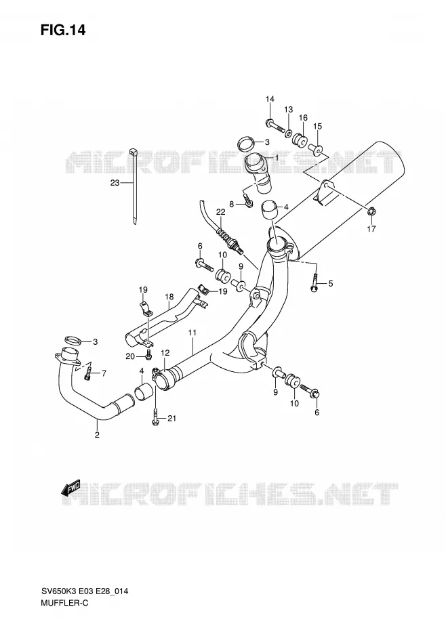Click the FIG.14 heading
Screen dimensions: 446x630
(63, 30)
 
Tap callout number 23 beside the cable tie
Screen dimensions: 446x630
(115, 183)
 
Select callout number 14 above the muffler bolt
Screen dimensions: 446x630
(270, 99)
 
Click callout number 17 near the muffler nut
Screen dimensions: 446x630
(371, 229)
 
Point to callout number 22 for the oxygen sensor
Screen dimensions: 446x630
(220, 212)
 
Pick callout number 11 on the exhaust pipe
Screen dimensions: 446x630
(192, 333)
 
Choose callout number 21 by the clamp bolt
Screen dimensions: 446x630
(171, 419)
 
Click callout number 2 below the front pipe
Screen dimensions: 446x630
(97, 434)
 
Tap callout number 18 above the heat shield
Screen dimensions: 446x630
(169, 297)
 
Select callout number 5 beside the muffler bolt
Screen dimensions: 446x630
(331, 284)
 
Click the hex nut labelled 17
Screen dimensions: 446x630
(371, 210)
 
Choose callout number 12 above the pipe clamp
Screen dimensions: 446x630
(165, 353)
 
